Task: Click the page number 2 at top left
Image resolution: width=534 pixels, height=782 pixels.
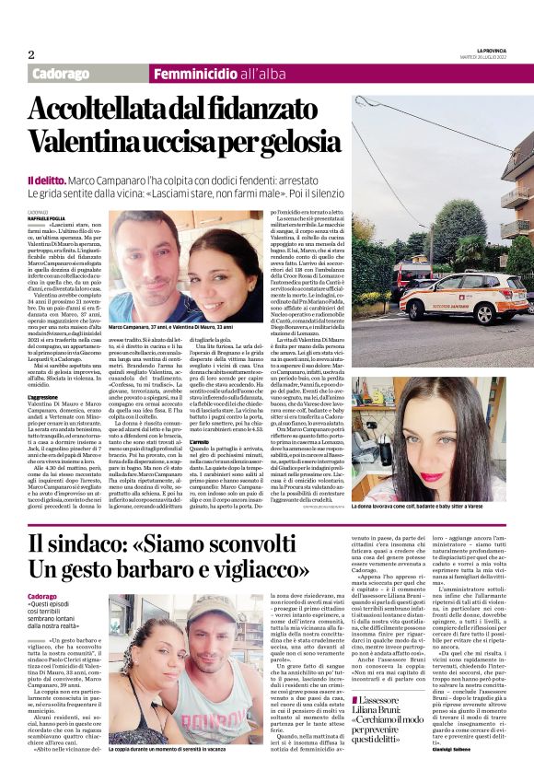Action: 30,53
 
